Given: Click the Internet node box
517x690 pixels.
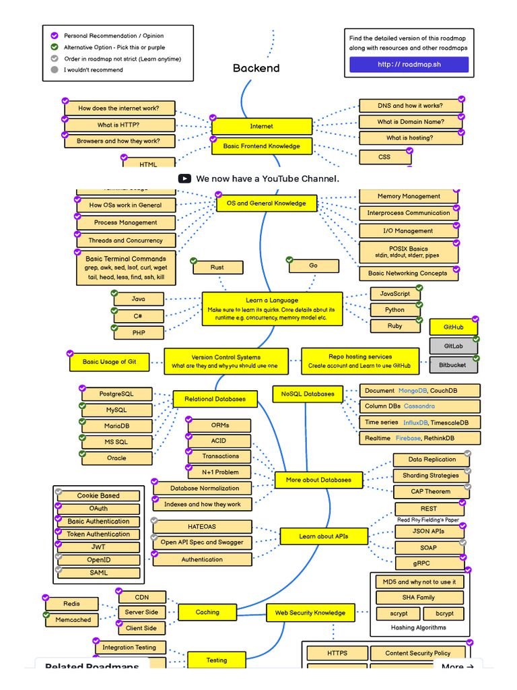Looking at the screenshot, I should click(x=262, y=126).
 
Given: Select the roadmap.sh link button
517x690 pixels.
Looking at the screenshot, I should click(x=409, y=65).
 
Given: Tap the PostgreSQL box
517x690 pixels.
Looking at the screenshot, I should click(x=116, y=394).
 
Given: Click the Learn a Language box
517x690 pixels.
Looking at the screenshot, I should click(x=272, y=309).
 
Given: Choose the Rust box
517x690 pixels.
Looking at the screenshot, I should click(x=217, y=268).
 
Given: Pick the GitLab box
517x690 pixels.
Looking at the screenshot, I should click(x=454, y=346).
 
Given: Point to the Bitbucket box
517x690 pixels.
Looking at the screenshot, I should click(x=454, y=365).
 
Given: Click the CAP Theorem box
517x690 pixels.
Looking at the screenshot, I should click(x=431, y=491).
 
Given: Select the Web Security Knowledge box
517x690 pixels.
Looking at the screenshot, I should click(x=310, y=613).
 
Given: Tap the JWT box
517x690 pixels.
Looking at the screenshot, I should click(x=98, y=547).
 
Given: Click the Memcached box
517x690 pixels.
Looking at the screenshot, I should click(x=73, y=620).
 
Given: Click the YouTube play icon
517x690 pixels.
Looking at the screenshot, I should click(x=184, y=179).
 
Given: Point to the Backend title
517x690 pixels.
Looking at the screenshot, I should click(x=256, y=68).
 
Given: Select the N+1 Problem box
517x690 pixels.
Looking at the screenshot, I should click(x=221, y=472).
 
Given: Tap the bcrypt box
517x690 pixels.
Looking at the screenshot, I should click(x=444, y=613).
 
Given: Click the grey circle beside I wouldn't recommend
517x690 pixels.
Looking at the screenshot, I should click(x=55, y=69).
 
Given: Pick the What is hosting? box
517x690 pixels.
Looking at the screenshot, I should click(x=410, y=137).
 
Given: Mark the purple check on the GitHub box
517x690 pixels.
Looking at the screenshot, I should click(x=475, y=319).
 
